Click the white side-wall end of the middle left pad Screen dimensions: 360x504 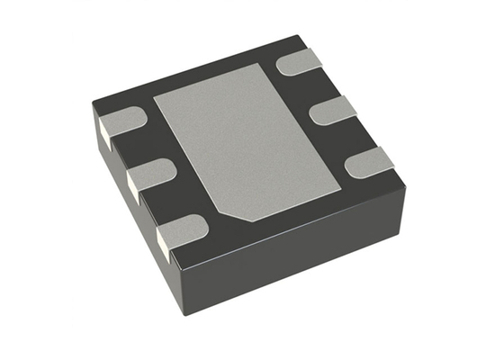[x=132, y=186]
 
